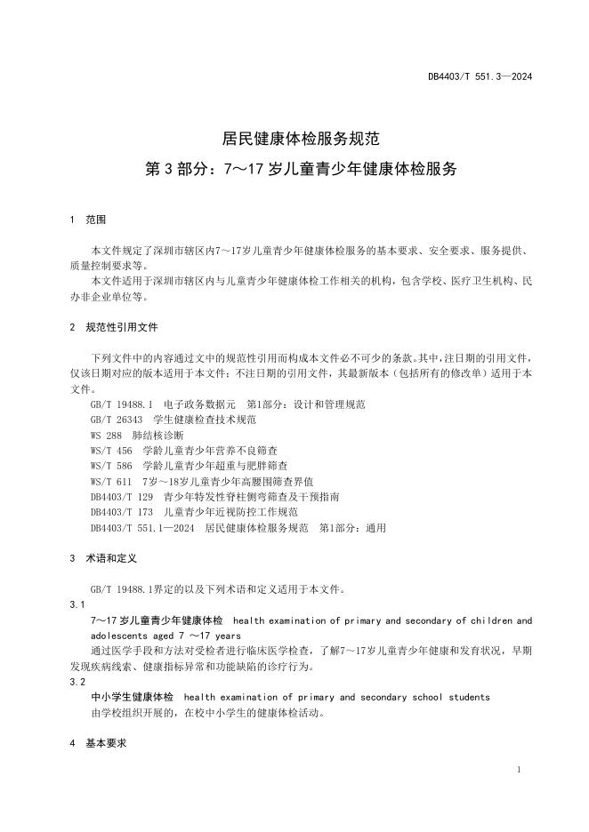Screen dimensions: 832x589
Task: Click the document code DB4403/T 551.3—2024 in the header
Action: pos(480,77)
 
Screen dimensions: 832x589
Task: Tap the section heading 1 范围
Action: pos(88,219)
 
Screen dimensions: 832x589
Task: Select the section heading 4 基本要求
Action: pos(98,741)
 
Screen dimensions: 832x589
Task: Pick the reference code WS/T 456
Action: pos(111,450)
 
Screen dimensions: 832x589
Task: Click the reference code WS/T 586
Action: pos(111,465)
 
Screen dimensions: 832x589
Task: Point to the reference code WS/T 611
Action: pos(111,481)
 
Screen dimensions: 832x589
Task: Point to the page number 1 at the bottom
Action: pos(518,769)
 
